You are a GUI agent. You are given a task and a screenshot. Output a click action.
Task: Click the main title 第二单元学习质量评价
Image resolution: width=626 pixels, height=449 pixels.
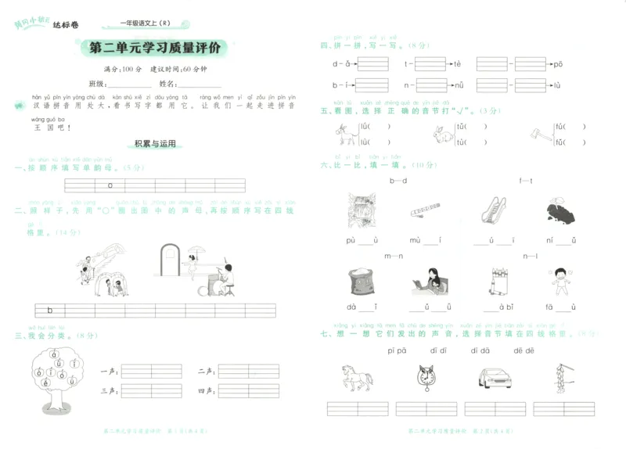point(156,48)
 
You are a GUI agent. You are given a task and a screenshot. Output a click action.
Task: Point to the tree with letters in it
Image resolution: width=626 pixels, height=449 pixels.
point(56,379)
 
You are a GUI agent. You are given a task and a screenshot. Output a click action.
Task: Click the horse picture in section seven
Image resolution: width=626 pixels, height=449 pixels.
point(355,378)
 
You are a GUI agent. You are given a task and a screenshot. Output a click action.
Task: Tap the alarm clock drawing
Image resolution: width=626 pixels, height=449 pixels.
point(423,378)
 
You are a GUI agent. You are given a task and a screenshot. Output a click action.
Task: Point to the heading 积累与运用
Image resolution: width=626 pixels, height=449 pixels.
point(155,144)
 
